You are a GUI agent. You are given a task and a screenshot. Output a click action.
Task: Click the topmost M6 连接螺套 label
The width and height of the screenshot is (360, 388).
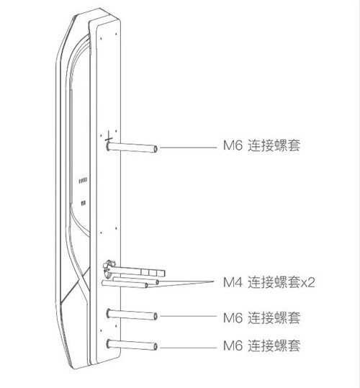(x=261, y=145)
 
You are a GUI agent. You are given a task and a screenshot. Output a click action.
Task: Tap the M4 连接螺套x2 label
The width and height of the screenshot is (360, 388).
(x=269, y=282)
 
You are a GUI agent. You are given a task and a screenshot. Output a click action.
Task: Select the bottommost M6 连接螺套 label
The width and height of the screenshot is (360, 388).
(x=261, y=346)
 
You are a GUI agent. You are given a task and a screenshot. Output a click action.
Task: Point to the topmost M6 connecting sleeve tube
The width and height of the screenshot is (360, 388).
(x=132, y=148)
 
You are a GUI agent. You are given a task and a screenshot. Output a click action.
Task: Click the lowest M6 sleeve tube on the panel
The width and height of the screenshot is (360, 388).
(x=132, y=345)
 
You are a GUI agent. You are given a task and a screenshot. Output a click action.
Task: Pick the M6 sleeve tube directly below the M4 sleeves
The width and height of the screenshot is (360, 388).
(x=132, y=315)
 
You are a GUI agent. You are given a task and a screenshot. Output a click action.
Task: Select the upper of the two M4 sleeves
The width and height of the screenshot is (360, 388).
(x=136, y=280)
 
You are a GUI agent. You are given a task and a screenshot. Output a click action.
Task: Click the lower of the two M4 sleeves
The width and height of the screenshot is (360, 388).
(x=125, y=284)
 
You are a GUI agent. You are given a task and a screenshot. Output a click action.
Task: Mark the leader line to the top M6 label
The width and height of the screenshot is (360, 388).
(x=189, y=148)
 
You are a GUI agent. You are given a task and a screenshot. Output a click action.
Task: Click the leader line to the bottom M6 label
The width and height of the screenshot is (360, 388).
(x=189, y=348)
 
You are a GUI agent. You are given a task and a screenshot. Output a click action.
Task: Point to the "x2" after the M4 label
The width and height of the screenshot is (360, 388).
(x=308, y=283)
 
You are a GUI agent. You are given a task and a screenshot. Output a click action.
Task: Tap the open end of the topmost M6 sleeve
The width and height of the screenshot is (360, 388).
(x=156, y=149)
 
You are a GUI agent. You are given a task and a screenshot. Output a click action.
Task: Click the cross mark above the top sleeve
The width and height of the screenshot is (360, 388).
(x=109, y=137)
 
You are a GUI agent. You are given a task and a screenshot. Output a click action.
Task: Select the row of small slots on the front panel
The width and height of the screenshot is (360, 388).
(x=83, y=181)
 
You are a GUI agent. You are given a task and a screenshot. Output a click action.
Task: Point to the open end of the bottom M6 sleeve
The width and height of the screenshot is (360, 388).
(x=156, y=347)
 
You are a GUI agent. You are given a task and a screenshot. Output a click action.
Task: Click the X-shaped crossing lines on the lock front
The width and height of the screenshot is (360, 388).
(x=83, y=281)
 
